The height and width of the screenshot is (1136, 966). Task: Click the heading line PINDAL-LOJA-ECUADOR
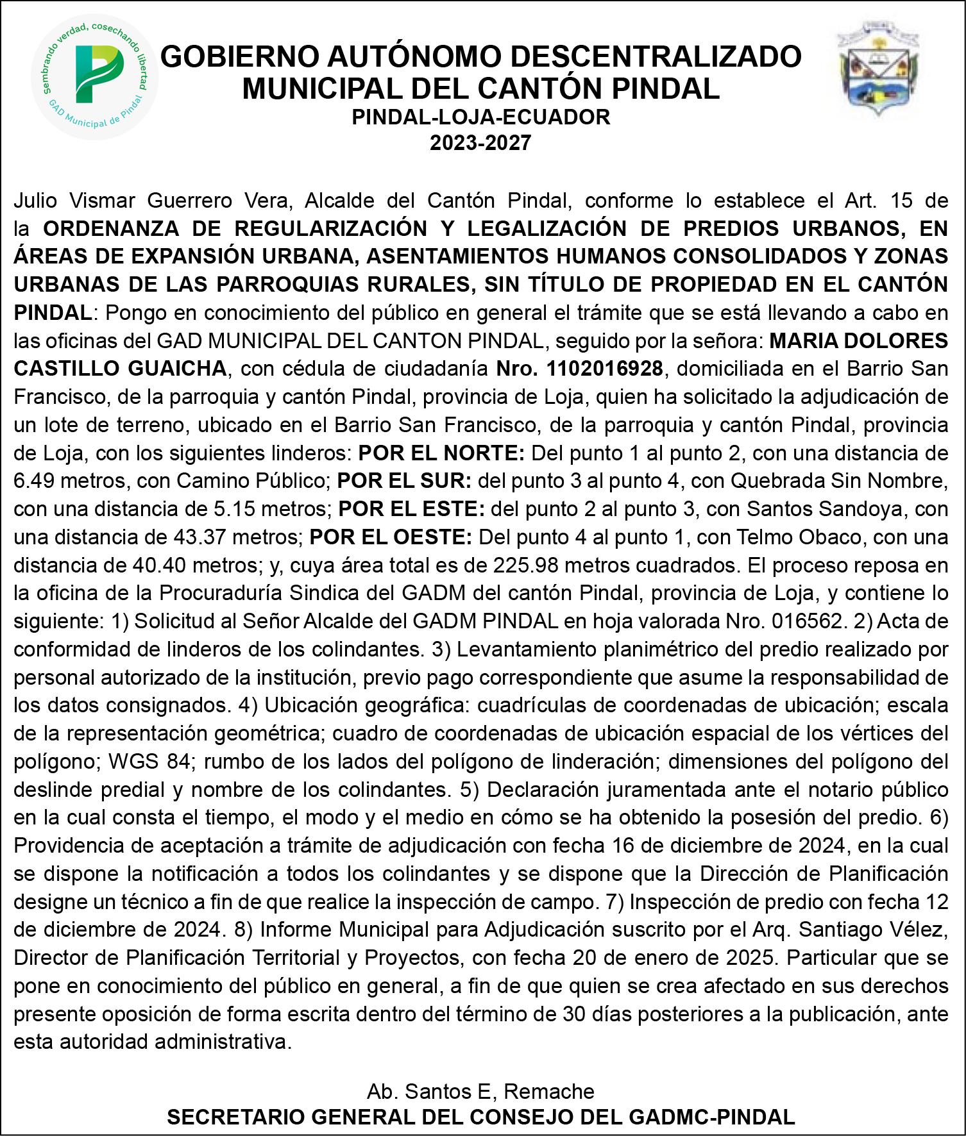pos(481,117)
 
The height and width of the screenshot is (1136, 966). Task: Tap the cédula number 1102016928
pos(605,369)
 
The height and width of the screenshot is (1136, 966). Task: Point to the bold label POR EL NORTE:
pos(441,453)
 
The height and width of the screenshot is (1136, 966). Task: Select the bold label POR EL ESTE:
pos(411,509)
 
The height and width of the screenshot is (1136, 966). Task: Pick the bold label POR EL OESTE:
pos(391,537)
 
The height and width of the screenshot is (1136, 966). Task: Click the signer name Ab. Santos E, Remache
pos(480,1090)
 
